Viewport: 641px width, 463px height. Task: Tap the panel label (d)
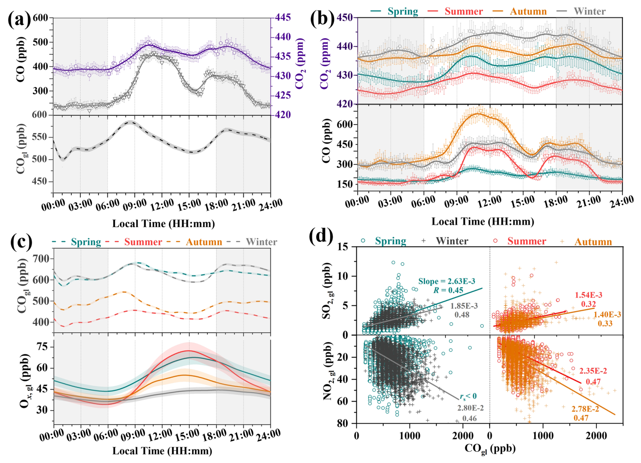point(321,236)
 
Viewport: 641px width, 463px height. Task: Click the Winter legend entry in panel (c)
point(261,242)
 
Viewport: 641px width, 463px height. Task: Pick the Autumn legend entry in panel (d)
point(593,242)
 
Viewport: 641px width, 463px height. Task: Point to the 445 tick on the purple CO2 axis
point(283,18)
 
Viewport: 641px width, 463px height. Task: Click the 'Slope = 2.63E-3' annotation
point(447,281)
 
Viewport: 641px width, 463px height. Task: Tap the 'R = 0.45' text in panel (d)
point(448,290)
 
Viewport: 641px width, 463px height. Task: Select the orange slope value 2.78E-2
point(585,409)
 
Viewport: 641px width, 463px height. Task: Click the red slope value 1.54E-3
point(588,295)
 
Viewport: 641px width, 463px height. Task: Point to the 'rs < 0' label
point(468,396)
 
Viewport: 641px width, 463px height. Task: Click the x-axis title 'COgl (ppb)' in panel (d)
point(490,448)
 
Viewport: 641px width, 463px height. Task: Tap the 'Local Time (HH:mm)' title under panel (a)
point(163,224)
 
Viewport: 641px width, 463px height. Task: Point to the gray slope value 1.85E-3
point(464,306)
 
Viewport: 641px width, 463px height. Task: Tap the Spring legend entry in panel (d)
point(390,241)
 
